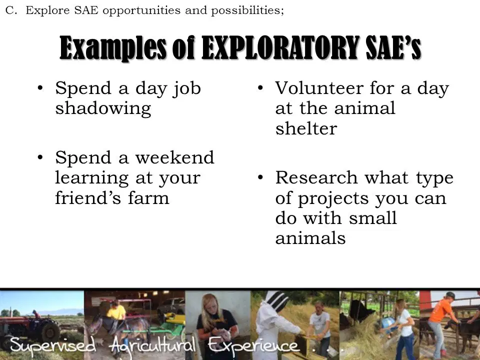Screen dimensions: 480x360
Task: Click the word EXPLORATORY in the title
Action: click(x=280, y=48)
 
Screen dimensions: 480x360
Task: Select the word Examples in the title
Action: click(x=112, y=48)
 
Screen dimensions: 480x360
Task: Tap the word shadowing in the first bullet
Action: click(x=103, y=108)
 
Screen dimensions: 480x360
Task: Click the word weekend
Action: click(x=175, y=157)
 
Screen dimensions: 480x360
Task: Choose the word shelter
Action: click(x=306, y=128)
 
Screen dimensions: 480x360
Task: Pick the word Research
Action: click(x=316, y=177)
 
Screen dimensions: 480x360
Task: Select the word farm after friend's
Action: click(x=148, y=197)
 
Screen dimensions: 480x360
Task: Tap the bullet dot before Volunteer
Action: click(x=260, y=88)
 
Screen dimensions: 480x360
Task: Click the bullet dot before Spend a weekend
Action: click(x=40, y=157)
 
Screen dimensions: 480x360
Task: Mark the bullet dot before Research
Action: click(x=260, y=177)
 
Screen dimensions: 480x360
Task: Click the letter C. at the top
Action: click(x=11, y=10)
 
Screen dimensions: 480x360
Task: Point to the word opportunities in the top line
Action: click(x=141, y=11)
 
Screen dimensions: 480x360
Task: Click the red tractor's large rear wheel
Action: click(x=50, y=331)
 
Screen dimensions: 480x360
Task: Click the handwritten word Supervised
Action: click(x=52, y=345)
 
